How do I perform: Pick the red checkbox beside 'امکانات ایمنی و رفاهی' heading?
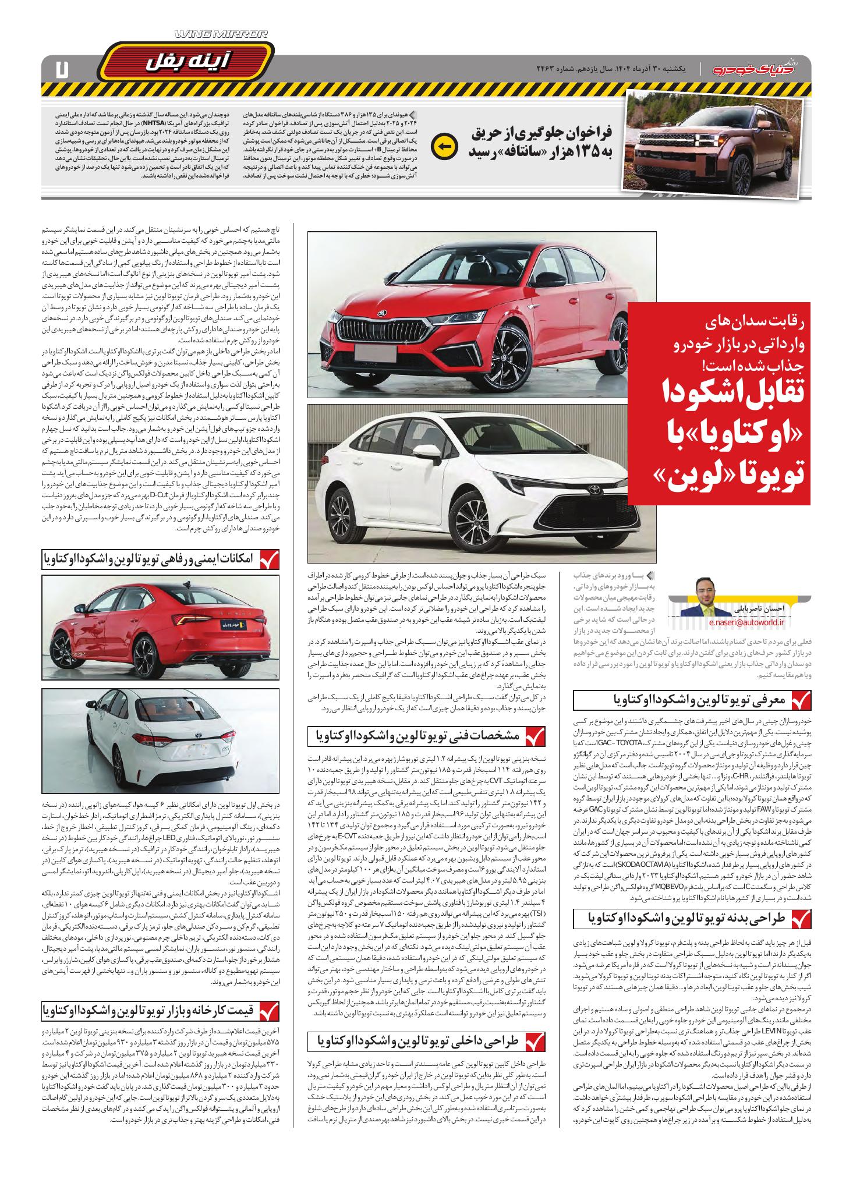(267, 558)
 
